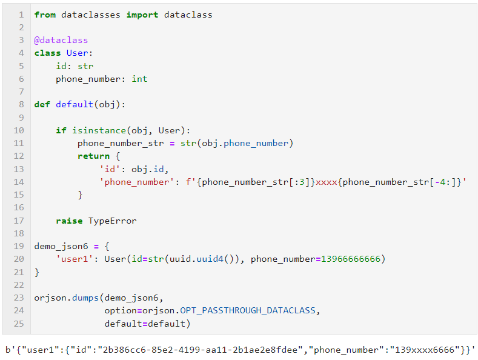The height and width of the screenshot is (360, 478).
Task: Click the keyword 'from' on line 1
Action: coord(45,15)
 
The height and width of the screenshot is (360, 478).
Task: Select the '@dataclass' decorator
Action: coord(61,40)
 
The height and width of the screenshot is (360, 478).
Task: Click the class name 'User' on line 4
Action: coord(77,53)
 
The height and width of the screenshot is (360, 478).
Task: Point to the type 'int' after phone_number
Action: coord(139,79)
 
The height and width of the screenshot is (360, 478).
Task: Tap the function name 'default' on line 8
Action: coord(75,105)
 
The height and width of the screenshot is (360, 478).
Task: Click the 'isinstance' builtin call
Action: coord(99,130)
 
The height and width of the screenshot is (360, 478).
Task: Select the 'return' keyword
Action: coord(93,156)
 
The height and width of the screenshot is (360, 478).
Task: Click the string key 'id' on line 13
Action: coord(110,169)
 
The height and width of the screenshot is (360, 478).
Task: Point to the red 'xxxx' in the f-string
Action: coord(326,182)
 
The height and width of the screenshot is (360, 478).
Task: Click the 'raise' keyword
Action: coord(69,221)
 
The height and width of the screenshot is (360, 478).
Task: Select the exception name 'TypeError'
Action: coord(112,221)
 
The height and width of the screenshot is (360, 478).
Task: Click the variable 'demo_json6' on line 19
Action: coord(61,246)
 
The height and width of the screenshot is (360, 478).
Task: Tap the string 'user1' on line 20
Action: coord(75,259)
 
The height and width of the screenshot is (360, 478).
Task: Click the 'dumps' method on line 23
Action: coord(85,298)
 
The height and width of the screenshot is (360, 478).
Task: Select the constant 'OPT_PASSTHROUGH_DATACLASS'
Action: coord(248,310)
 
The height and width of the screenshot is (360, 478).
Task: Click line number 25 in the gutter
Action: coord(19,324)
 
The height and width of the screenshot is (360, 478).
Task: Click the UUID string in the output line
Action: coord(200,350)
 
